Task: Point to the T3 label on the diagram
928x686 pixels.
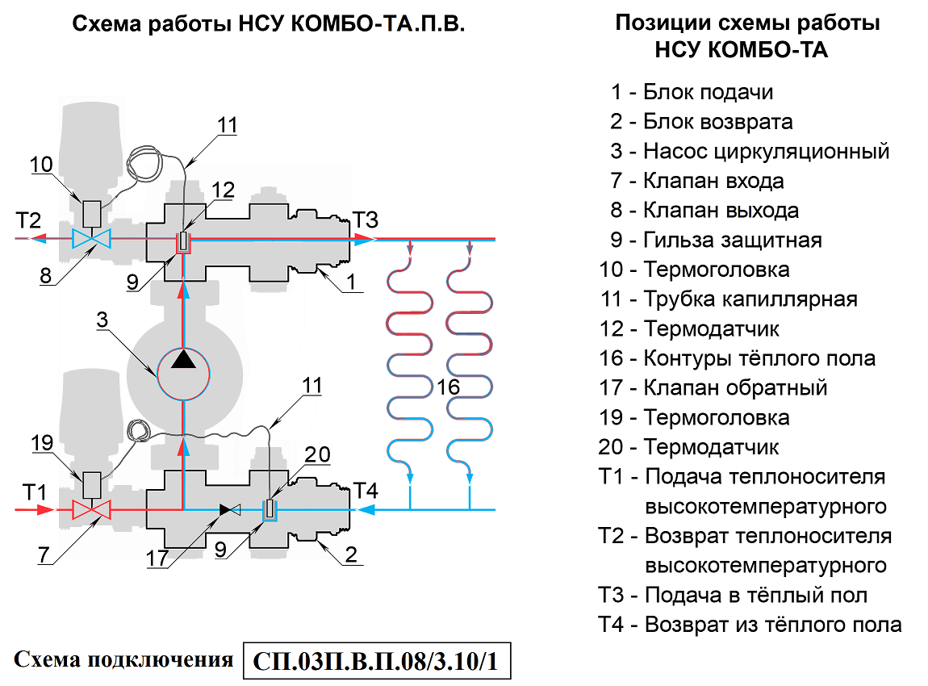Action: point(365,220)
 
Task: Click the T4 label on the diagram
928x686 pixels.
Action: point(365,490)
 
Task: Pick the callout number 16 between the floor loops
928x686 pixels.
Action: point(449,387)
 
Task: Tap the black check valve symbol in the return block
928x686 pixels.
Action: point(231,510)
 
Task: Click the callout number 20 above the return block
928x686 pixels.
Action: point(317,456)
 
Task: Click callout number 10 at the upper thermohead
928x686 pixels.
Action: point(42,165)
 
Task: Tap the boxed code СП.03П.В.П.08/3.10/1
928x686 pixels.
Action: point(377,663)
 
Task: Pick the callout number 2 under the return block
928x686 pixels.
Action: point(351,554)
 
